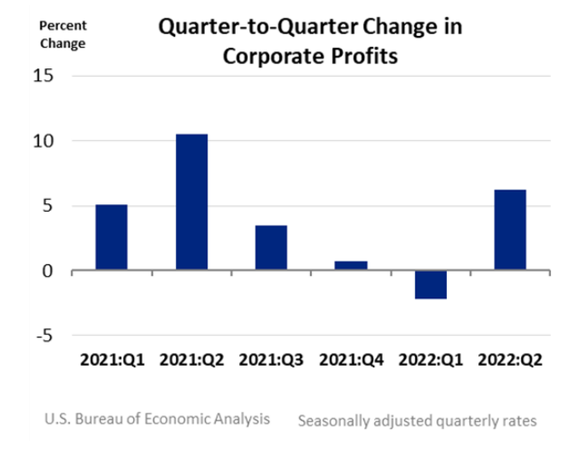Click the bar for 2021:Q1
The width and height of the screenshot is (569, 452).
tap(111, 238)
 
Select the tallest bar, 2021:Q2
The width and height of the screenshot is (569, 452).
tap(191, 202)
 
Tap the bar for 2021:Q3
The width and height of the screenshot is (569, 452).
tap(271, 248)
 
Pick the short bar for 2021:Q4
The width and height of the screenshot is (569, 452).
tap(350, 266)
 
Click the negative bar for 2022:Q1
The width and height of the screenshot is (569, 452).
tap(430, 285)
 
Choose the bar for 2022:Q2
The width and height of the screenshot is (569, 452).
tap(509, 230)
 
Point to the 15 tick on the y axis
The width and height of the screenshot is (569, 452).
tap(44, 76)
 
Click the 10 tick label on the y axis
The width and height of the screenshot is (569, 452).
tap(44, 141)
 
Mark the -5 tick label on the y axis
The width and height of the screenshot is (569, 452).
tap(46, 336)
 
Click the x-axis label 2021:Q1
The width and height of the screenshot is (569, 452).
tap(111, 359)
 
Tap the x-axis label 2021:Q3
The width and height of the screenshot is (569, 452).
tap(271, 359)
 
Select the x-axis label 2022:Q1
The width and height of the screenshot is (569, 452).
tap(430, 359)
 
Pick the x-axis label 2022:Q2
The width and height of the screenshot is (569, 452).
tap(509, 359)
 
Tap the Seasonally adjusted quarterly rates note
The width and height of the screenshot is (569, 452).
tap(417, 420)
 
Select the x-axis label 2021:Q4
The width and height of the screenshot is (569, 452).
tap(350, 359)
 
